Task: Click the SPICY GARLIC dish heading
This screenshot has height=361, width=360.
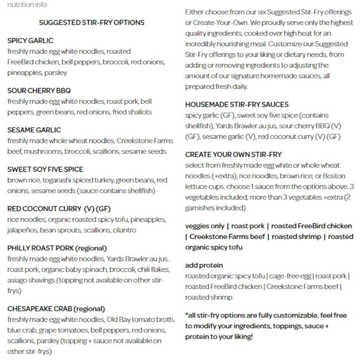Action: [31, 41]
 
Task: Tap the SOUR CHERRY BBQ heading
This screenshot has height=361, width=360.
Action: [39, 91]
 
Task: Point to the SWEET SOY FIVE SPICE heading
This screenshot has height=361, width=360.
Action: [46, 169]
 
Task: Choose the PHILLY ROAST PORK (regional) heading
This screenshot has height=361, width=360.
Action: [57, 248]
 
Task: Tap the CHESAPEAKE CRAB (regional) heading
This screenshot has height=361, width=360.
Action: [56, 308]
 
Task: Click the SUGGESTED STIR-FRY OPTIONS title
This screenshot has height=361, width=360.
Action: [92, 23]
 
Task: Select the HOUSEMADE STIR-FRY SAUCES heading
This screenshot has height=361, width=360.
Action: [237, 104]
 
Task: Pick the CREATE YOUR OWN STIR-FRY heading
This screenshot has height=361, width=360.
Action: [233, 154]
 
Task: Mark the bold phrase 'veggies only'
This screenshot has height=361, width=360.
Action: [205, 226]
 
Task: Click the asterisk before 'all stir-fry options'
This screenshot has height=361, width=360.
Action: [187, 315]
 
